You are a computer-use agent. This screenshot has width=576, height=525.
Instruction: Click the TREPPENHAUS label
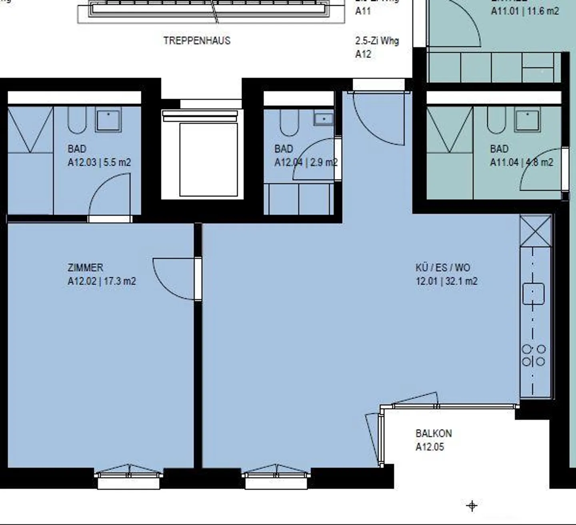coord(197,41)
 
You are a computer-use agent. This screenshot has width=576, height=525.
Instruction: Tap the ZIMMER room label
coord(85,267)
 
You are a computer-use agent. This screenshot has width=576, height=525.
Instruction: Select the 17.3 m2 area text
coord(120,281)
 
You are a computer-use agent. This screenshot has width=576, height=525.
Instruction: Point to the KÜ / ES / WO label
coord(443,267)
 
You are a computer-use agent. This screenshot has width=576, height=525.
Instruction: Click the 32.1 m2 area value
coord(461,281)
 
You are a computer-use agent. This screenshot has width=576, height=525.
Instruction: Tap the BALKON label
coord(434,433)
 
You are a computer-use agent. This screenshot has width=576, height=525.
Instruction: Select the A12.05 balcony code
coord(430,447)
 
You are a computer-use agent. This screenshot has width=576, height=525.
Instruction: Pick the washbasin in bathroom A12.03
coord(108,121)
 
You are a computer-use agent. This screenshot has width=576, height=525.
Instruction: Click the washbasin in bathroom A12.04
coord(323,119)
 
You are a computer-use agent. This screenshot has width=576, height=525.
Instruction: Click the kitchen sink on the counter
coord(533,294)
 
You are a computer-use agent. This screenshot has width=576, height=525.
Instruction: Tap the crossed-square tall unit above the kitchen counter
coord(536,230)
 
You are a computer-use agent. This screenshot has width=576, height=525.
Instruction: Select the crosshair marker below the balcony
coord(472,506)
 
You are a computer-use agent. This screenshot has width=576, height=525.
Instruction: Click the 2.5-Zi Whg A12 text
coord(377,47)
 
